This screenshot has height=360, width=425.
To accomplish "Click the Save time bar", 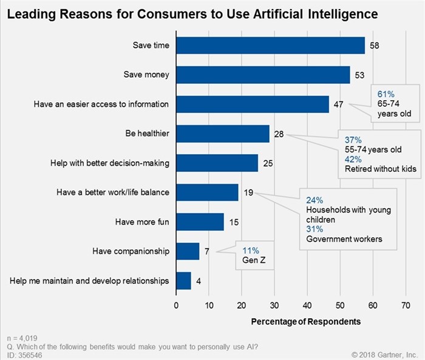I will (270, 46).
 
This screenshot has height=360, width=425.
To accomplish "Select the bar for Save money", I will (263, 75).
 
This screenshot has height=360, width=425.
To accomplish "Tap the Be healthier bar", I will (222, 134).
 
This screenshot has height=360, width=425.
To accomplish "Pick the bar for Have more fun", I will (200, 222).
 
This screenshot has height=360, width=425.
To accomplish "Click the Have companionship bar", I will (188, 251).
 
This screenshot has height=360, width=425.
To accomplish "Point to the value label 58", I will (375, 46).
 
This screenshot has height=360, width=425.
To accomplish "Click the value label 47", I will (339, 104).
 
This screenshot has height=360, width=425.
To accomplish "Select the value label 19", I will (248, 192).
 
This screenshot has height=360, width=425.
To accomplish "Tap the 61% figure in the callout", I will (386, 93).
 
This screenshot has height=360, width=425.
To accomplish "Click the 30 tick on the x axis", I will (274, 305).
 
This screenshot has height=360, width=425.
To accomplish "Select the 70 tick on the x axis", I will (406, 305).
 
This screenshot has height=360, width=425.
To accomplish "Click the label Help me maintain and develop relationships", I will (90, 280).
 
